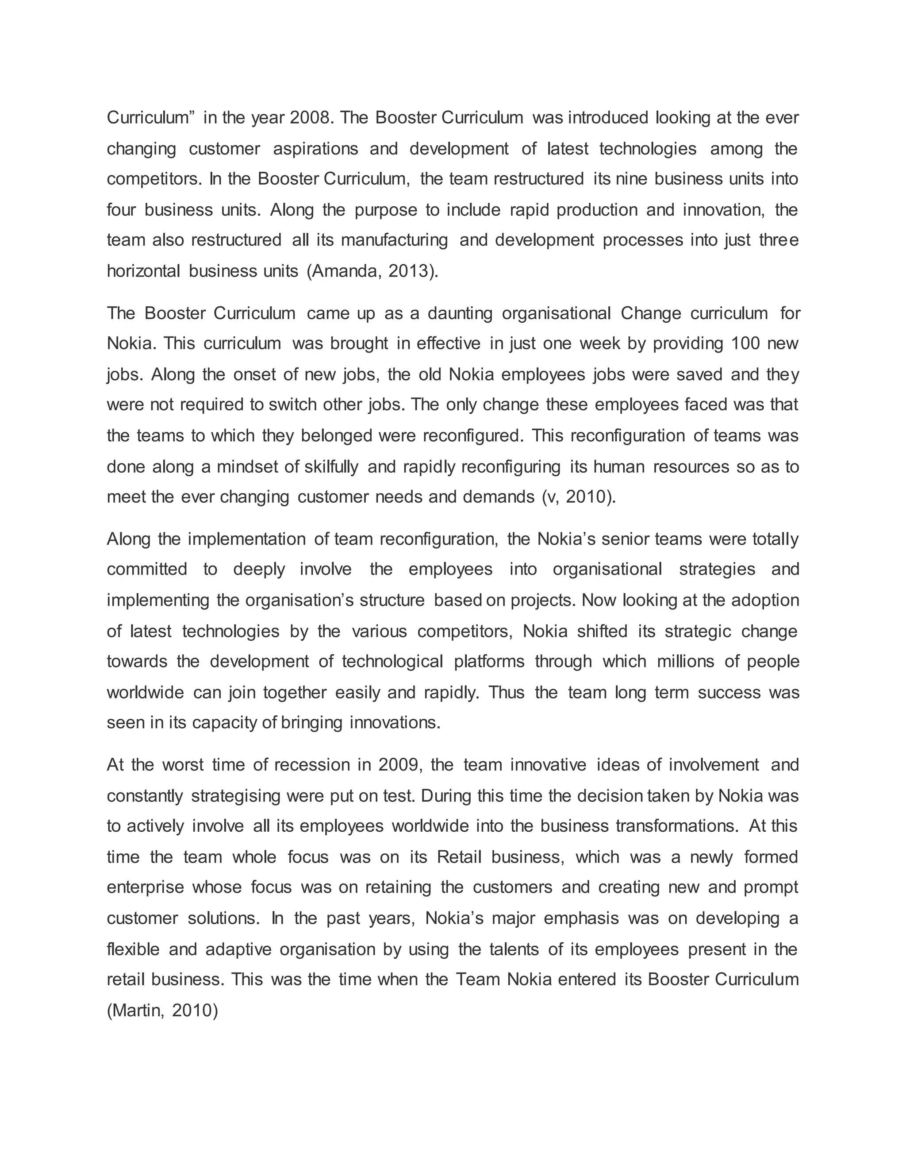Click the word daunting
click(x=460, y=313)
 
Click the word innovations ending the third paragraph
click(x=395, y=723)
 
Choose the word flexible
click(x=133, y=949)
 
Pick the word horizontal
click(x=143, y=271)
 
